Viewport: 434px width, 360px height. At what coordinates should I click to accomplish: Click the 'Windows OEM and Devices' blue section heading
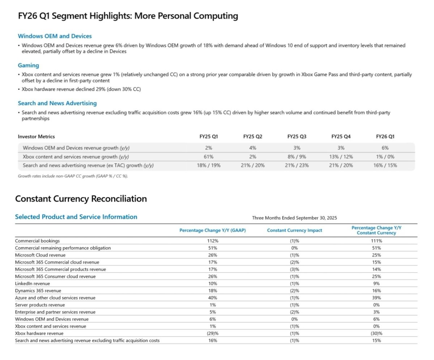point(55,36)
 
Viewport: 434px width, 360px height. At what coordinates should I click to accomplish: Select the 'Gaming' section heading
point(28,65)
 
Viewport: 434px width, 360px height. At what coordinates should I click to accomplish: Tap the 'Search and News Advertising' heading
point(57,103)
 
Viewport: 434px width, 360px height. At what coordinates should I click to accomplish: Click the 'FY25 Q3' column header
point(297,137)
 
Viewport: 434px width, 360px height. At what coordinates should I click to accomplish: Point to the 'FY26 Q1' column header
point(385,137)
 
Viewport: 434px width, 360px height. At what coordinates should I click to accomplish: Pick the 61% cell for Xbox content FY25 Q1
point(208,157)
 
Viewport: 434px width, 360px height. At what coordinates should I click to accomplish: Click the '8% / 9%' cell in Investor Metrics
point(297,157)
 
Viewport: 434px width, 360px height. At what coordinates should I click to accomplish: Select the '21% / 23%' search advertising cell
point(297,166)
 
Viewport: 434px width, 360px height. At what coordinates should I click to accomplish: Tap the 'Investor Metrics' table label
point(36,137)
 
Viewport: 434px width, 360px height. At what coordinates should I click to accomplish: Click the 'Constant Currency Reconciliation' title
point(81,199)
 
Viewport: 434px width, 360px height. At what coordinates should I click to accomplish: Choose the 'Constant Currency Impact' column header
point(294,230)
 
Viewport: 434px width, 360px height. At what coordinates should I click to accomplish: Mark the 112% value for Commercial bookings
point(213,241)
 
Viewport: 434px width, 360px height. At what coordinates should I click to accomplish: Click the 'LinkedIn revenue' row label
point(33,283)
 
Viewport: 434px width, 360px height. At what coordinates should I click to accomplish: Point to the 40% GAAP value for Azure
point(213,298)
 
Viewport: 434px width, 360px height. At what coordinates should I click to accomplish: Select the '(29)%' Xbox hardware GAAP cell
point(213,333)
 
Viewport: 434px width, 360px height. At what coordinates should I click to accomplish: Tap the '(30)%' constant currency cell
point(376,333)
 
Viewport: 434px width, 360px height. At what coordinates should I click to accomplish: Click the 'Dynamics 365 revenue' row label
point(38,291)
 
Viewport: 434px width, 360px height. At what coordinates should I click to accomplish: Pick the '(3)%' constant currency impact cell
point(294,269)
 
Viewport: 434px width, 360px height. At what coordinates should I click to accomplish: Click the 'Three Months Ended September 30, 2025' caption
point(294,218)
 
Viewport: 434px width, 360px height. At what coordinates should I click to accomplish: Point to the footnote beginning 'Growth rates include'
point(73,176)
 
